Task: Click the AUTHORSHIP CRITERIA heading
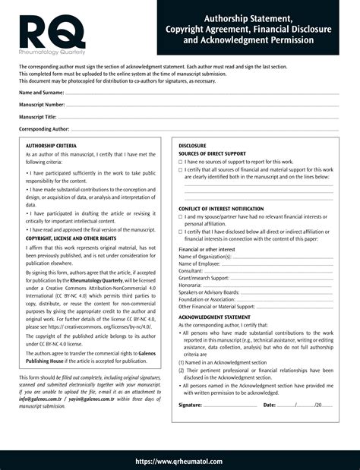pos(51,145)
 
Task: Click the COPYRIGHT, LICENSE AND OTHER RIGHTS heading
pos(71,238)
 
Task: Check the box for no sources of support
pos(181,162)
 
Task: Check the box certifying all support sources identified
pos(181,169)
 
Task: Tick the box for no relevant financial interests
pos(181,217)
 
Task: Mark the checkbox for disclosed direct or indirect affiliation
pos(181,232)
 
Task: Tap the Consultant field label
pos(191,270)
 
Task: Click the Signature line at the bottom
pos(231,406)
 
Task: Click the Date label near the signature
pos(270,405)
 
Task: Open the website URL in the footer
pos(179,461)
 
